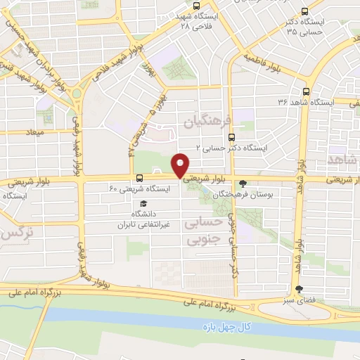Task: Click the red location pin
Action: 181,165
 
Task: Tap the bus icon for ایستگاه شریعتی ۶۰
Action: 139,178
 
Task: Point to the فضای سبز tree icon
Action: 300,289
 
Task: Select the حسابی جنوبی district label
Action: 202,231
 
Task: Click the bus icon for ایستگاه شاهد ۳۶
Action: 306,91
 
